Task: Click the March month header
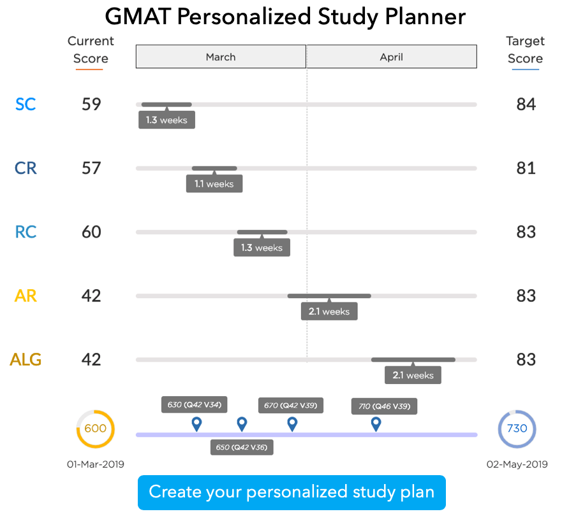tap(221, 57)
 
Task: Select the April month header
tap(391, 57)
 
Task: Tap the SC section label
tap(26, 104)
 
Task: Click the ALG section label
tap(26, 359)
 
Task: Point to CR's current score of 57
tap(91, 168)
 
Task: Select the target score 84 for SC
tap(526, 104)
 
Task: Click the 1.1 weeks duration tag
tap(214, 184)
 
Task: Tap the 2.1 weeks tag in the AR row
tap(329, 311)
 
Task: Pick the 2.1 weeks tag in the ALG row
tap(413, 375)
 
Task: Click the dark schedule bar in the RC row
tap(262, 232)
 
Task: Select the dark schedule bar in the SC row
tap(166, 104)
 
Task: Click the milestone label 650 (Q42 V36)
tap(242, 447)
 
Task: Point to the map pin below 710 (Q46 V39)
tap(376, 424)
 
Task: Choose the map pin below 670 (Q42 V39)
tap(292, 424)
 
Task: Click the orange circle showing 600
tap(95, 429)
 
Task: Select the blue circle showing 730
tap(517, 429)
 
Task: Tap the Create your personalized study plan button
tap(292, 492)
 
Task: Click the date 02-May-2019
tap(517, 464)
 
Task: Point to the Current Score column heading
tap(91, 50)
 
